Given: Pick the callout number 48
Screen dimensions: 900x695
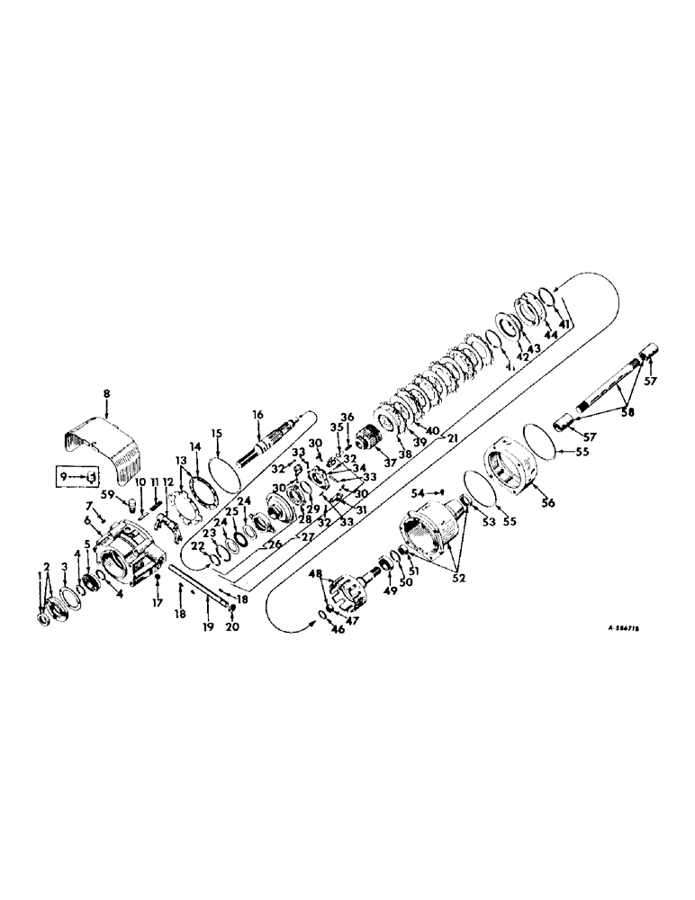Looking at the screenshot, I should coord(315,573).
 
